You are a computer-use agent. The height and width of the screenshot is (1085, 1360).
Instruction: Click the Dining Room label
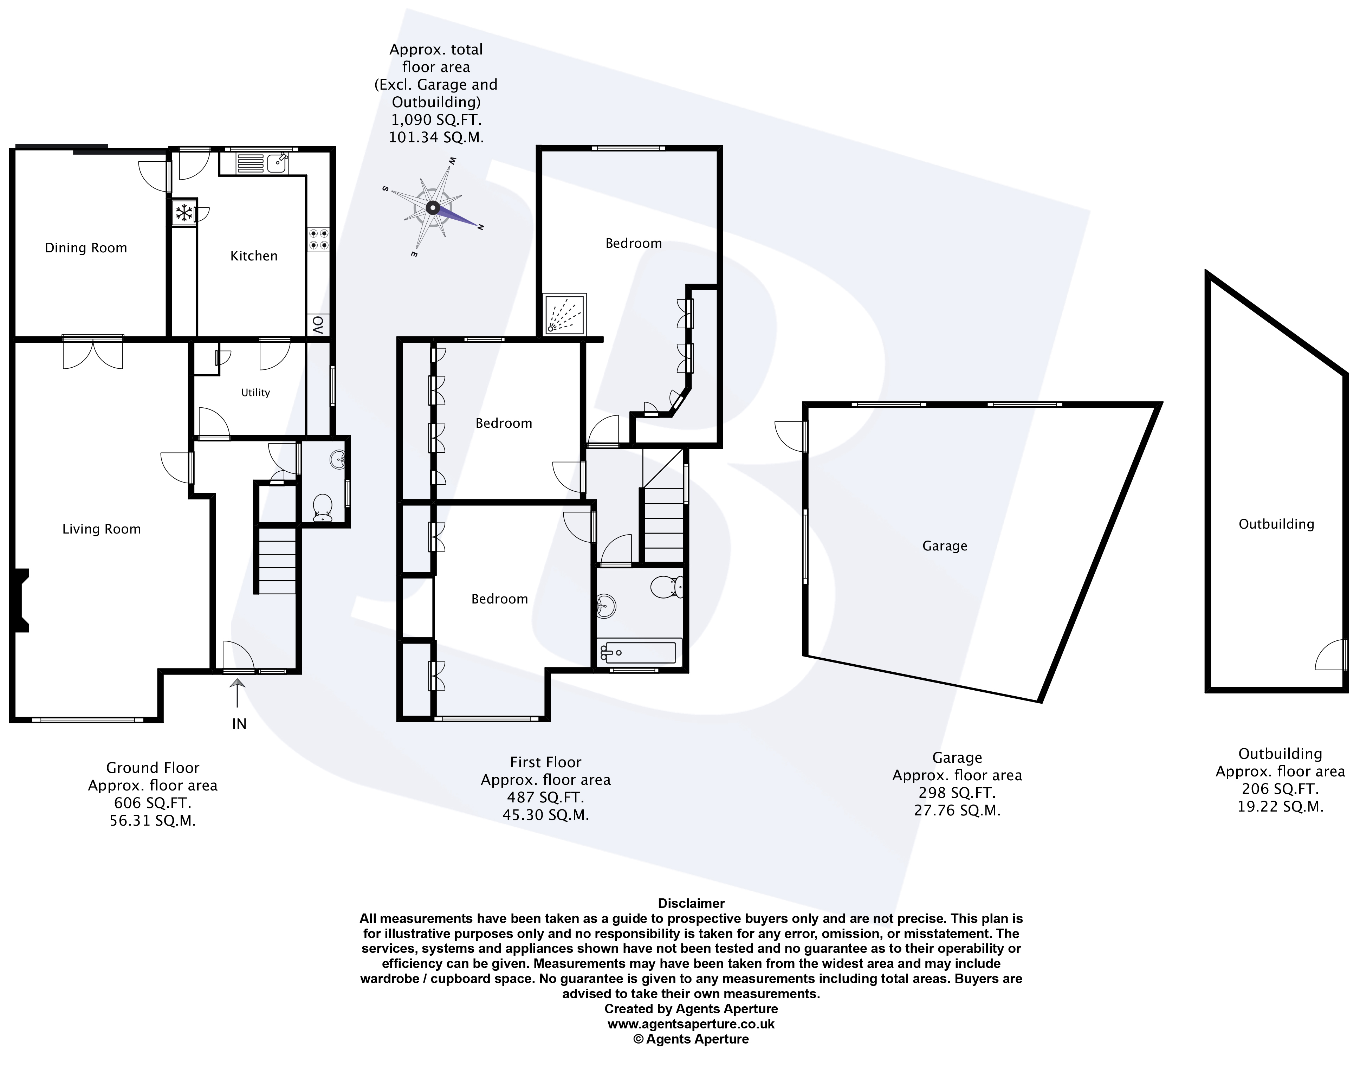[x=86, y=248]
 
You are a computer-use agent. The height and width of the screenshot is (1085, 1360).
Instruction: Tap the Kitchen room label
[x=254, y=256]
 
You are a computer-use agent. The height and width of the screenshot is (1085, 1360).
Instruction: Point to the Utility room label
[x=255, y=392]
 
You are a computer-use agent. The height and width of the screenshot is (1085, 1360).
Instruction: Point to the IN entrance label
[x=239, y=724]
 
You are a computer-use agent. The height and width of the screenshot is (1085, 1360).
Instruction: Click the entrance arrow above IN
[x=237, y=693]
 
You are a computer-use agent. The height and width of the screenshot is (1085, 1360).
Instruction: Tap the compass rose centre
[x=432, y=207]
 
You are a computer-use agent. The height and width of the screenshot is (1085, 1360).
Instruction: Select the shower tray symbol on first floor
[x=565, y=314]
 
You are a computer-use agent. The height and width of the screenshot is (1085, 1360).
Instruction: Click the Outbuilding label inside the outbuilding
[x=1276, y=524]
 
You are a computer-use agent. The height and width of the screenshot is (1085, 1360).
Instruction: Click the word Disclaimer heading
[x=691, y=903]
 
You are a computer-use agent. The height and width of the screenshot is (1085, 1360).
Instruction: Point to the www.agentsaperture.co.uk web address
[x=691, y=1025]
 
